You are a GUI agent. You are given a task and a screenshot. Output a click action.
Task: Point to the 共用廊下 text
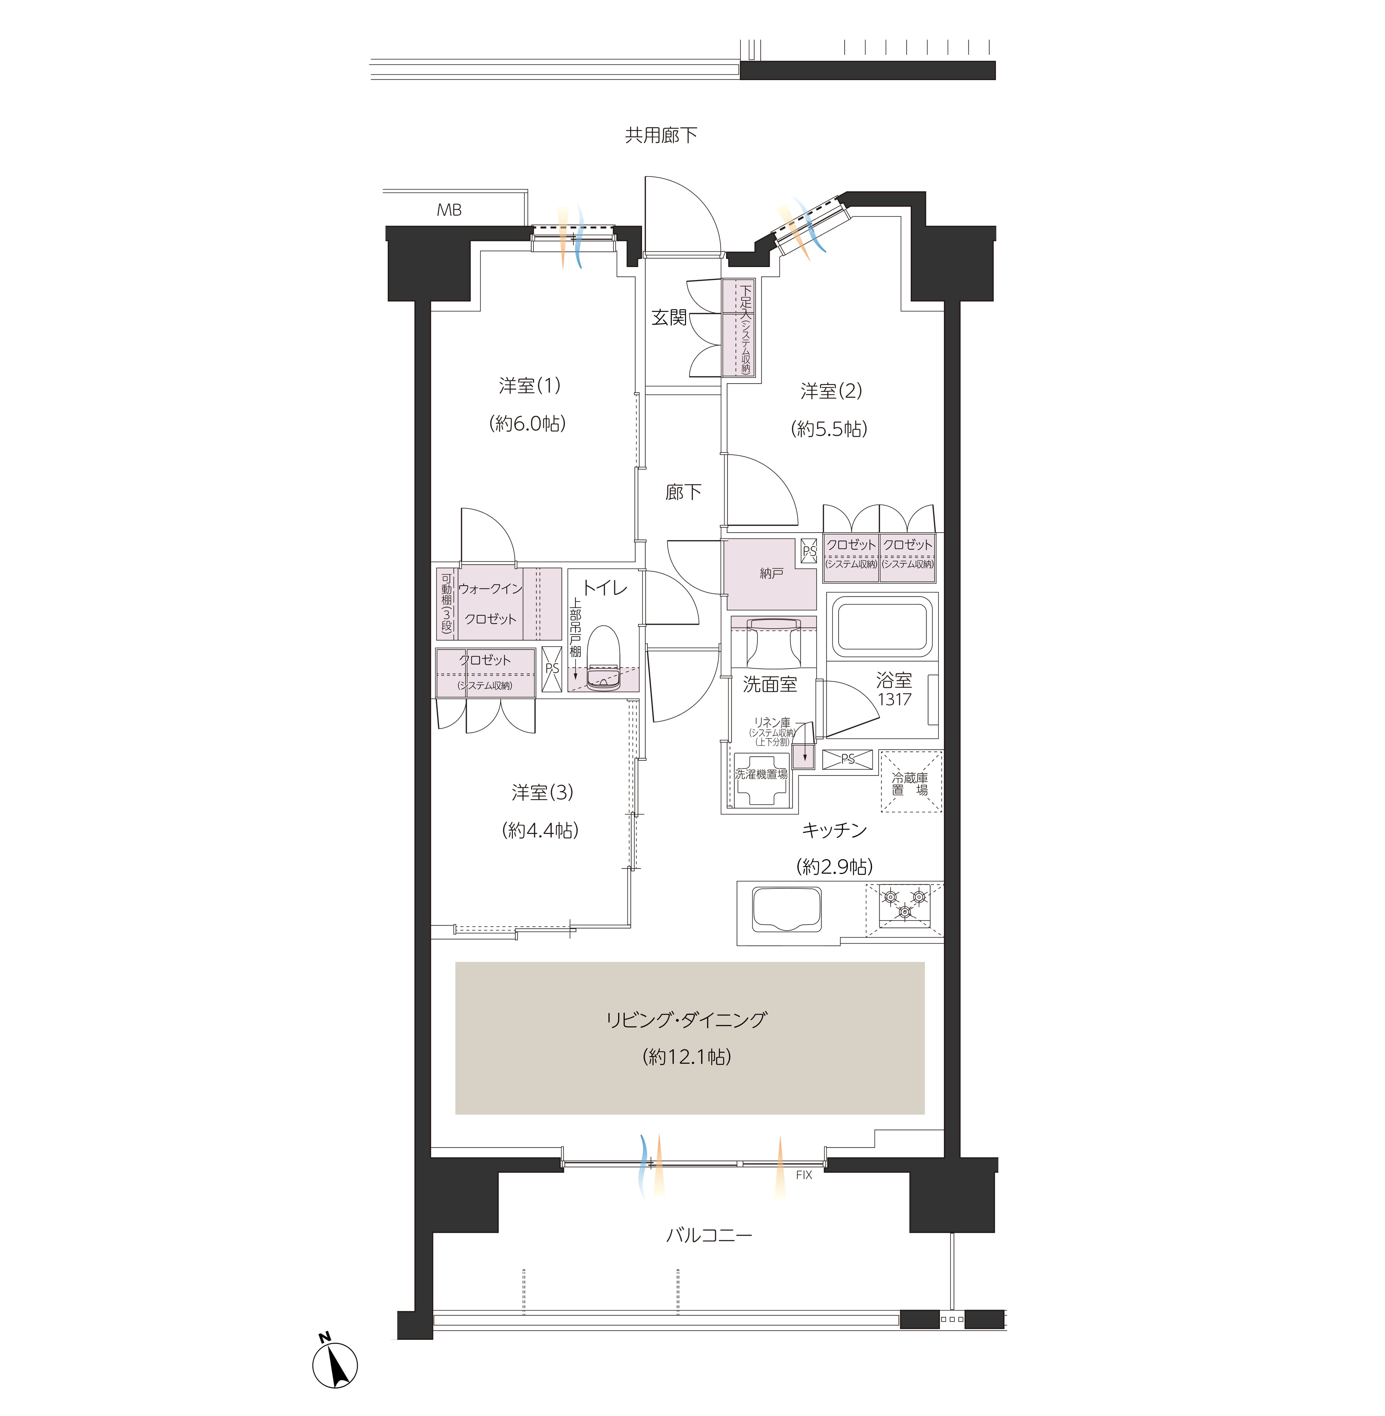click(x=661, y=135)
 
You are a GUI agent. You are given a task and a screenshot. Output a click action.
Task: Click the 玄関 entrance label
click(x=668, y=317)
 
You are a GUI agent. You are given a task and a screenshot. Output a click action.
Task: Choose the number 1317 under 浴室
click(x=895, y=699)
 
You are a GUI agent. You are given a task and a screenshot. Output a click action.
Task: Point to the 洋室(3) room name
click(x=542, y=792)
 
